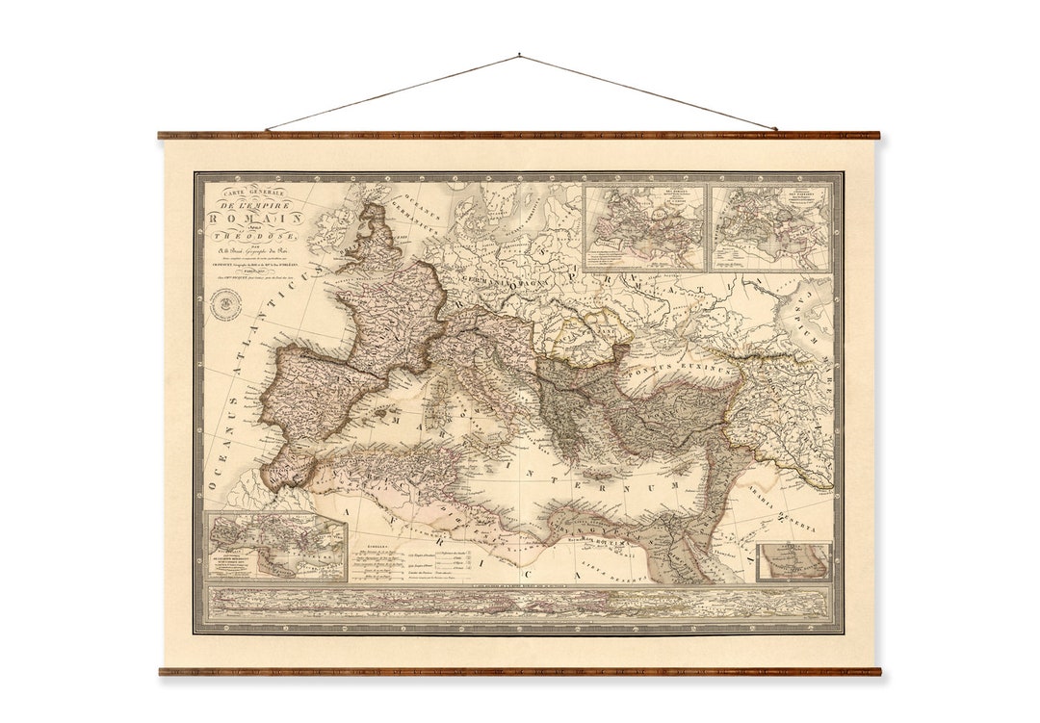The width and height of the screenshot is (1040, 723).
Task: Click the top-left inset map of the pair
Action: pyautogui.click(x=645, y=226)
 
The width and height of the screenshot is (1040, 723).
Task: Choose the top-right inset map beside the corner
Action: pyautogui.click(x=770, y=226)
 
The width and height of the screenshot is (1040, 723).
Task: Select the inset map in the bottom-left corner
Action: pyautogui.click(x=276, y=547)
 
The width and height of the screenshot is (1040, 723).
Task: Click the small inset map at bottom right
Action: pyautogui.click(x=793, y=562)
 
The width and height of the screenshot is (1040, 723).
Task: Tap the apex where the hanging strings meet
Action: pyautogui.click(x=519, y=56)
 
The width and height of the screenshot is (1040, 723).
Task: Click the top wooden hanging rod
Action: pyautogui.click(x=519, y=136)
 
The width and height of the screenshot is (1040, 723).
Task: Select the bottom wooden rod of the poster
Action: pyautogui.click(x=519, y=671)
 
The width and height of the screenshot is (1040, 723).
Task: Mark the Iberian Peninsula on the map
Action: pyautogui.click(x=323, y=390)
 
